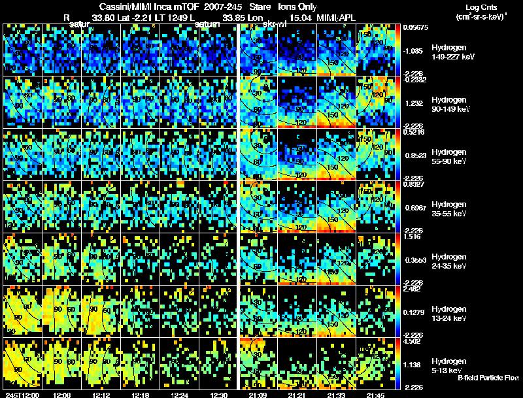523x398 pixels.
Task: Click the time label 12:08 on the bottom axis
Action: click(x=63, y=395)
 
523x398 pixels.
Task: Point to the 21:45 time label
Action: click(x=376, y=395)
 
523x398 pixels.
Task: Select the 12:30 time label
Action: click(x=218, y=395)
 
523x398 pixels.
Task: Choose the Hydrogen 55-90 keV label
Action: click(x=450, y=157)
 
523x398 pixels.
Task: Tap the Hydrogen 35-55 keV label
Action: click(x=450, y=209)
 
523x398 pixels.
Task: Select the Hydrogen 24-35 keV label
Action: click(x=450, y=261)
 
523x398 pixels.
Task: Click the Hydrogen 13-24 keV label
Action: click(x=450, y=314)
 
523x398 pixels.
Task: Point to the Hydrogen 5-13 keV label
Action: click(x=449, y=365)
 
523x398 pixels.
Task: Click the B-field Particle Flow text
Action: click(x=488, y=378)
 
